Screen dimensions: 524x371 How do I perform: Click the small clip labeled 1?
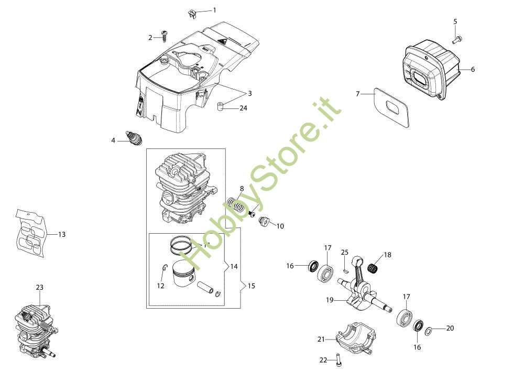192,14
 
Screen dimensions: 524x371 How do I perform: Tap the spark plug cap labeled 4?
135,138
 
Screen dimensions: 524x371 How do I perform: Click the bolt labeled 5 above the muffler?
457,40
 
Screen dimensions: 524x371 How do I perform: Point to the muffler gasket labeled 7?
391,107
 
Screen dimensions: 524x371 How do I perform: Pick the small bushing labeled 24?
220,107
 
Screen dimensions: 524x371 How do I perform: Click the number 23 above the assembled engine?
39,287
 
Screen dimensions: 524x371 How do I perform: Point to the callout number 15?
252,286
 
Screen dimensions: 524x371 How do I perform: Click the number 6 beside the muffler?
473,69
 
